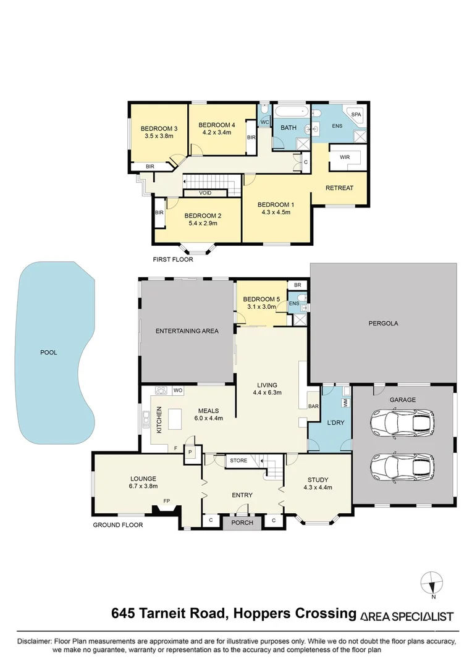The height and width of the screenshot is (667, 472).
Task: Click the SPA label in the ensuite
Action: point(356,114)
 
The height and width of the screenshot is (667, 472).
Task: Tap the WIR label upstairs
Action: point(345,157)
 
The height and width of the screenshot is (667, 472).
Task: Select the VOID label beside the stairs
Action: point(205,193)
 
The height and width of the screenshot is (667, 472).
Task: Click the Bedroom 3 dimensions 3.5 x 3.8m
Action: point(159,136)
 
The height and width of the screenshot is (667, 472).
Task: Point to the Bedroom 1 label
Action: point(276,204)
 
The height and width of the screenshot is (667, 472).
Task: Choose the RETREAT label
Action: point(339,188)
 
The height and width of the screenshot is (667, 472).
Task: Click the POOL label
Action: point(49,352)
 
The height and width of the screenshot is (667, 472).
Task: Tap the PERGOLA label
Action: point(383,323)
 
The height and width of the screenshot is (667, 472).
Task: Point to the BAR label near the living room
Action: point(313,406)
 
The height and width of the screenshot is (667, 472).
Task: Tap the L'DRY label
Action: point(335,423)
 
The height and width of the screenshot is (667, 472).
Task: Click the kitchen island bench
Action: point(175,419)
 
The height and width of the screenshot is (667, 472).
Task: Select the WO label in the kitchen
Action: point(178,390)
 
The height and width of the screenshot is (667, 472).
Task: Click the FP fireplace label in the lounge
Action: point(166,501)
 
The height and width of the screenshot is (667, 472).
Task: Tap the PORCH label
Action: point(242,522)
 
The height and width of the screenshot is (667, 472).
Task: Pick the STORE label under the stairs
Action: point(238,460)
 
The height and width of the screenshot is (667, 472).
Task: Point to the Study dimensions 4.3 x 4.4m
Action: point(318,487)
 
